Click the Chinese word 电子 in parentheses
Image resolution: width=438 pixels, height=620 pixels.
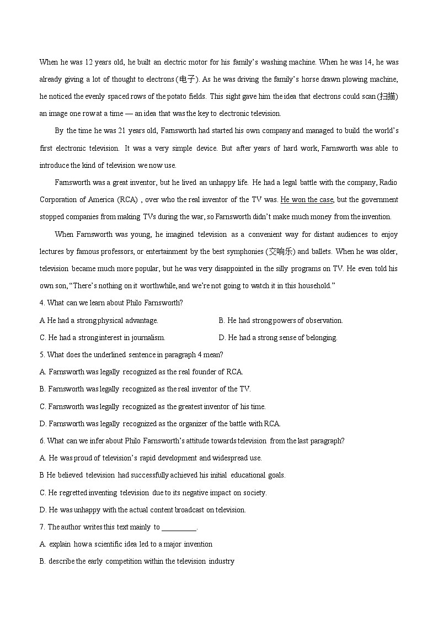click(186, 79)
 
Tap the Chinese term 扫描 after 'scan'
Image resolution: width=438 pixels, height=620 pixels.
click(387, 96)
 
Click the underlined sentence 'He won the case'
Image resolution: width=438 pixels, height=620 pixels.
click(307, 199)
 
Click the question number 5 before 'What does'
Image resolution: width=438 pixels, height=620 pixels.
click(41, 354)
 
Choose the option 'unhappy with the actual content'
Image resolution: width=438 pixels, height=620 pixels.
click(142, 510)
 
